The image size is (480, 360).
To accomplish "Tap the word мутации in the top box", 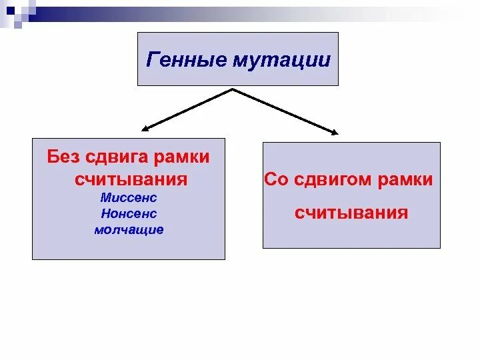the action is (281, 61).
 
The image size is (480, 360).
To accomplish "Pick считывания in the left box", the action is (131, 180).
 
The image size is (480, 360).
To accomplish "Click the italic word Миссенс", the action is (129, 199).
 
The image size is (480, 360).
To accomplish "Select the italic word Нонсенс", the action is (129, 214).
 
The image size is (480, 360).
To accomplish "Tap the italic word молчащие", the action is (129, 230).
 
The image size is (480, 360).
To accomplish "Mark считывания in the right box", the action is (351, 213).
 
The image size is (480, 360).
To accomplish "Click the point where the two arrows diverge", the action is (232, 89).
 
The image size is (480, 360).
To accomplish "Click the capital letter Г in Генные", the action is (151, 61).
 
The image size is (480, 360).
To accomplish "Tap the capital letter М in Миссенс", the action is (105, 199).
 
